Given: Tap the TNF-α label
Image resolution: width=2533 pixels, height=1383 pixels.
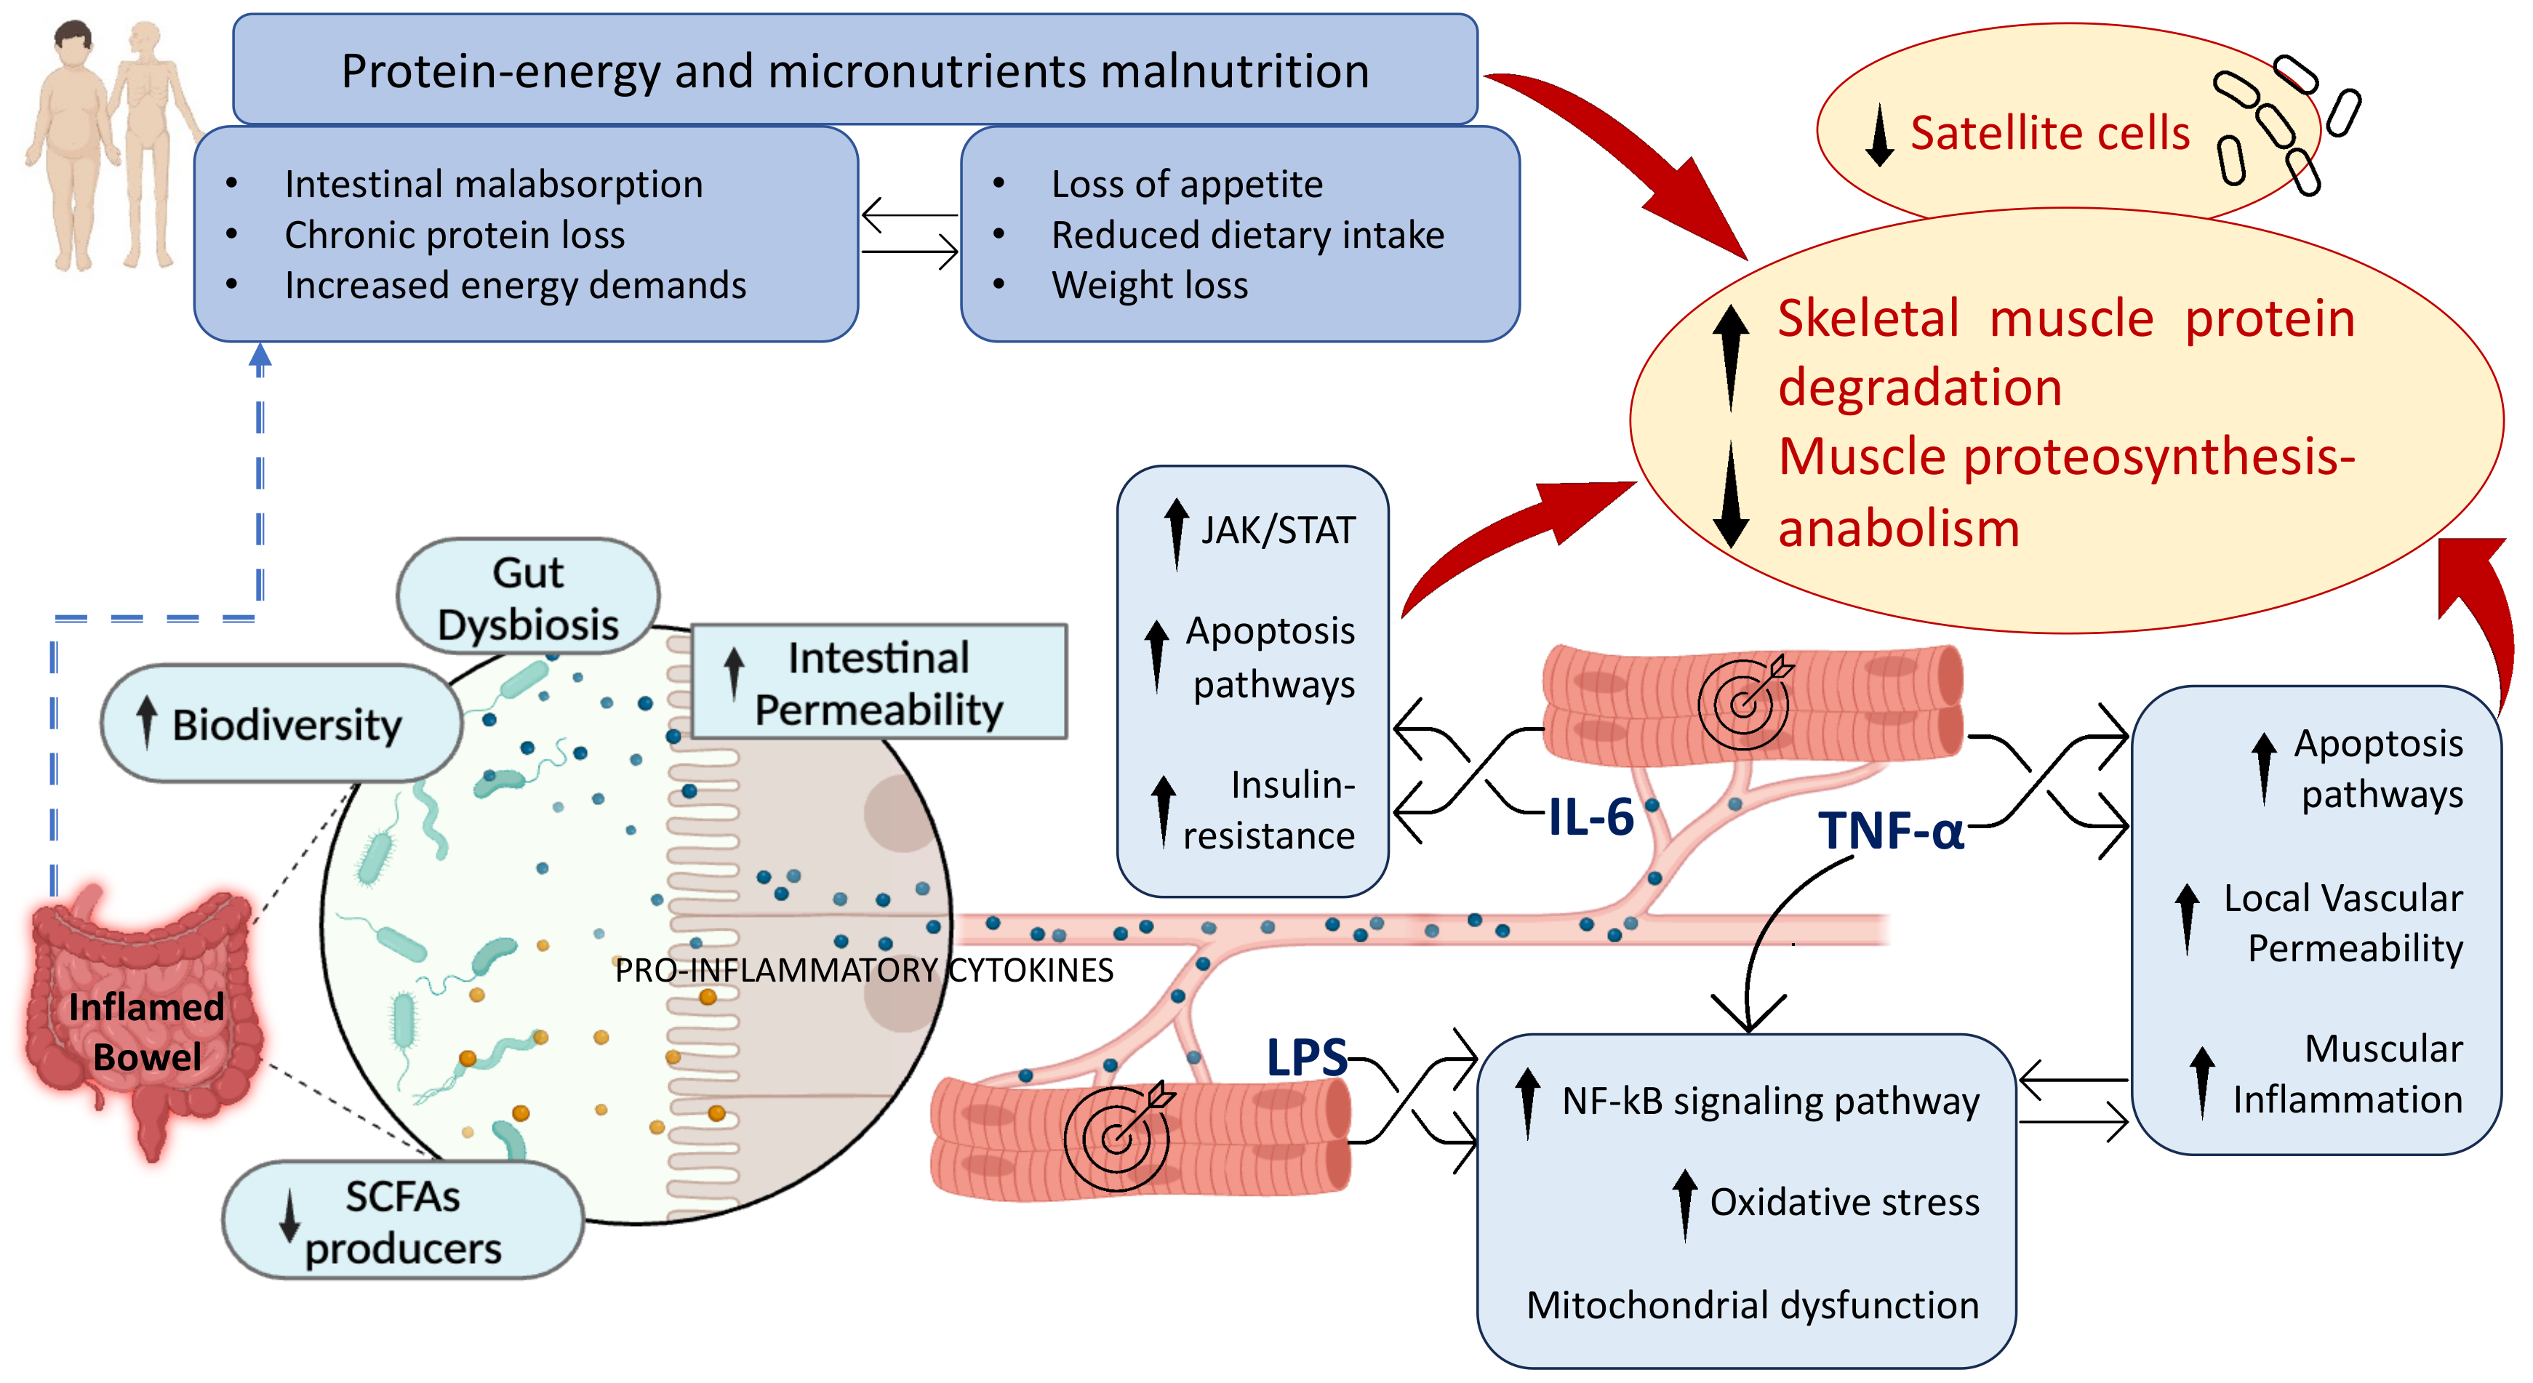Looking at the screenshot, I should click(x=1890, y=830).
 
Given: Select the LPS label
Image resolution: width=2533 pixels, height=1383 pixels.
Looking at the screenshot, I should click(x=1306, y=1058).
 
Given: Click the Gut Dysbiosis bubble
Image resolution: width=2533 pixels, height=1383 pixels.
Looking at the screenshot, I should click(x=528, y=598).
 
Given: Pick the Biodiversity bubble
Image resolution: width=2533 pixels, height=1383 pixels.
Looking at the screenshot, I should click(x=282, y=724).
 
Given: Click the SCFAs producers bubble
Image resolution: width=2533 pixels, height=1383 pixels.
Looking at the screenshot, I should click(x=402, y=1221).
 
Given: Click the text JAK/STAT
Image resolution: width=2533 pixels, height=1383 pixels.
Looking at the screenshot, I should click(x=1277, y=531).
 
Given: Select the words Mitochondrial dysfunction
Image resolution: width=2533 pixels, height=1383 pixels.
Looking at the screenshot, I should click(x=1751, y=1305).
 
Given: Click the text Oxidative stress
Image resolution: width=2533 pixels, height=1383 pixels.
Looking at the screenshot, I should click(x=1844, y=1202).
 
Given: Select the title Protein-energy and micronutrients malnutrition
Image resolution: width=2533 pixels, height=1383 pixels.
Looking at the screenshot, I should click(x=855, y=71).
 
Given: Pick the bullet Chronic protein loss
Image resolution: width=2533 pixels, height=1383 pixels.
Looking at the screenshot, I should click(x=455, y=235).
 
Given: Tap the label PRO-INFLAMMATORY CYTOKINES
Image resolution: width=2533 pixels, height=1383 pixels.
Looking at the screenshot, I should click(x=863, y=970).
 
